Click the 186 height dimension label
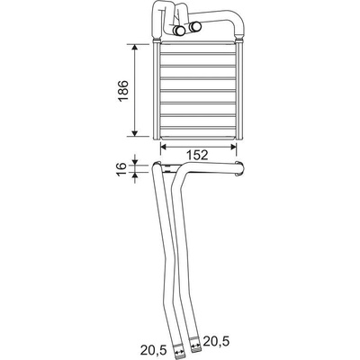click(x=123, y=91)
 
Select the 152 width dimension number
click(x=197, y=155)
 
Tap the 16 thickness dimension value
click(x=121, y=169)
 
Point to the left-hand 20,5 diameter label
click(x=152, y=349)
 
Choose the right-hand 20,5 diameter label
click(x=217, y=341)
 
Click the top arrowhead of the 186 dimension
click(x=135, y=48)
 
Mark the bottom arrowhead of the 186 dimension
click(x=135, y=132)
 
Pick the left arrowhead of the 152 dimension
click(x=165, y=147)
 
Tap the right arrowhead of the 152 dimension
click(x=233, y=147)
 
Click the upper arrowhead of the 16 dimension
click(x=135, y=161)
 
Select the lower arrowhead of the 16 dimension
click(x=135, y=175)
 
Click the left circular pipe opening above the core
click(x=180, y=30)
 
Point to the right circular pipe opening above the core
click(x=195, y=27)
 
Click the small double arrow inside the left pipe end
click(x=179, y=352)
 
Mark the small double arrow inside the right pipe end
click(x=195, y=346)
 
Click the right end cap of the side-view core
click(x=239, y=168)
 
